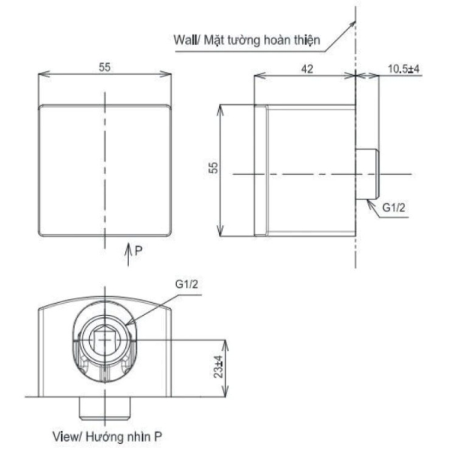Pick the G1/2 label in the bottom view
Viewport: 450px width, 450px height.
(x=187, y=286)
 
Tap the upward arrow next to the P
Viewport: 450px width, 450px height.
(x=128, y=250)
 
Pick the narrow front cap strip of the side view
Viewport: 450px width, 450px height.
(x=262, y=169)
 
